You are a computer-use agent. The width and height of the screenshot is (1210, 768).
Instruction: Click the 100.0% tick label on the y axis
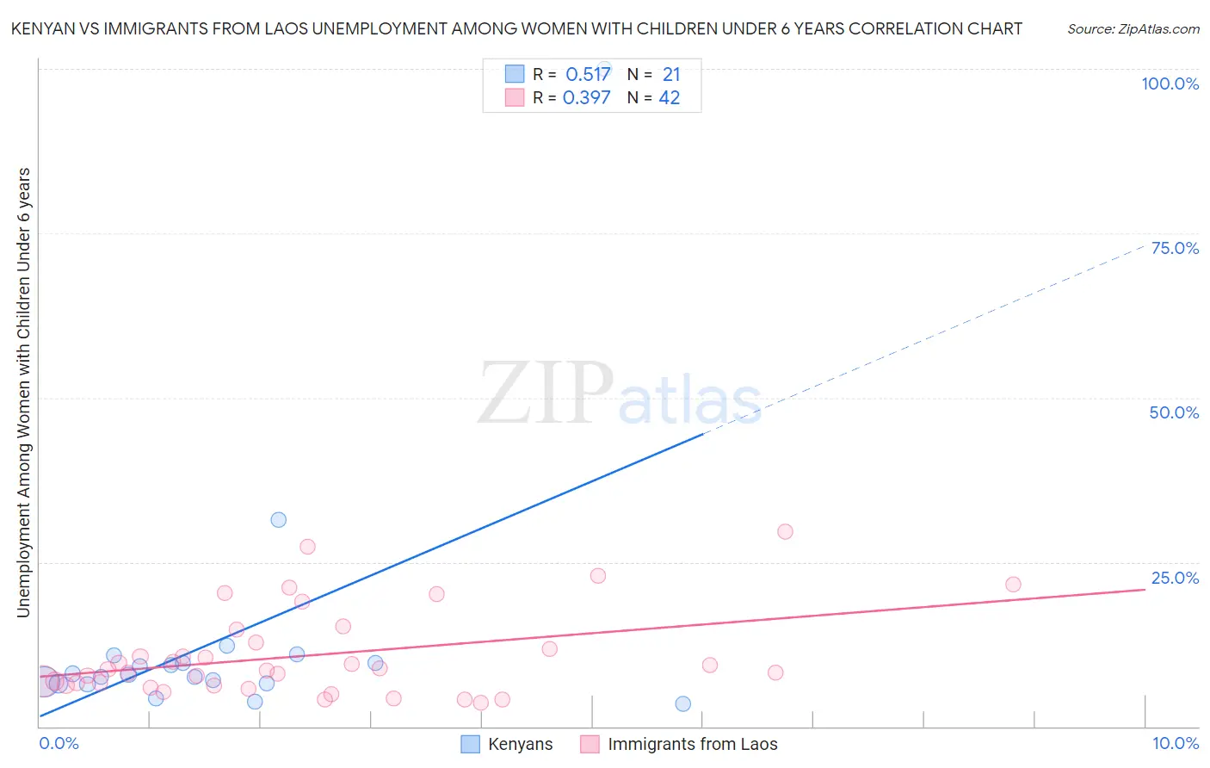tap(1170, 84)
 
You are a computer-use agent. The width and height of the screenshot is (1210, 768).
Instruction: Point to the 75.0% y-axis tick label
tap(1175, 248)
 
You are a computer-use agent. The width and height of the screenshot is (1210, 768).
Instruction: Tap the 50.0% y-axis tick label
tap(1174, 412)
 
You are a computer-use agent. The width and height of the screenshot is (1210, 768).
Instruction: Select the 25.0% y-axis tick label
tap(1175, 578)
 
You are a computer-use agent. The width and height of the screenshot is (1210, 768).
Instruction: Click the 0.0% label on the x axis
tap(59, 743)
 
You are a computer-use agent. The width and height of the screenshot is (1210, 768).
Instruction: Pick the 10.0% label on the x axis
tap(1175, 743)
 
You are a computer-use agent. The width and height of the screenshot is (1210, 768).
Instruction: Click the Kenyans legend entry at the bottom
tap(520, 744)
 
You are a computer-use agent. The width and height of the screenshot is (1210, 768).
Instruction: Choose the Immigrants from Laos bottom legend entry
tap(692, 744)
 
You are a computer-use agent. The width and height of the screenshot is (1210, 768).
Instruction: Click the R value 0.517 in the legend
tap(588, 75)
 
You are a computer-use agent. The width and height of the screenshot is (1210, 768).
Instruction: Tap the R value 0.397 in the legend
tap(586, 98)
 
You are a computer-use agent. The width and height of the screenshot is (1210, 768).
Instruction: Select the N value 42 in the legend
tap(670, 98)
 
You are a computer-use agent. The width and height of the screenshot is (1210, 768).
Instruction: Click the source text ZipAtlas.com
tap(1133, 28)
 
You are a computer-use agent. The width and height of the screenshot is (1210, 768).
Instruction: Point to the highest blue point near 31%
tap(279, 520)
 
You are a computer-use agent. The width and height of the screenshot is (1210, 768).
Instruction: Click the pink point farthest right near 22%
tap(1013, 585)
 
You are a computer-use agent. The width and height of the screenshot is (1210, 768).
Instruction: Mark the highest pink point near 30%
tap(785, 532)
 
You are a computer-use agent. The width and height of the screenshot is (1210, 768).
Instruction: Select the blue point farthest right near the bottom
tap(683, 704)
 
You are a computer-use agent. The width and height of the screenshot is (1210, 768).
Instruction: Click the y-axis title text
tap(23, 392)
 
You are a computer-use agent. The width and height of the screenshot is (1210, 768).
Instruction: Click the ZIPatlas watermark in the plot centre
tap(620, 394)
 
